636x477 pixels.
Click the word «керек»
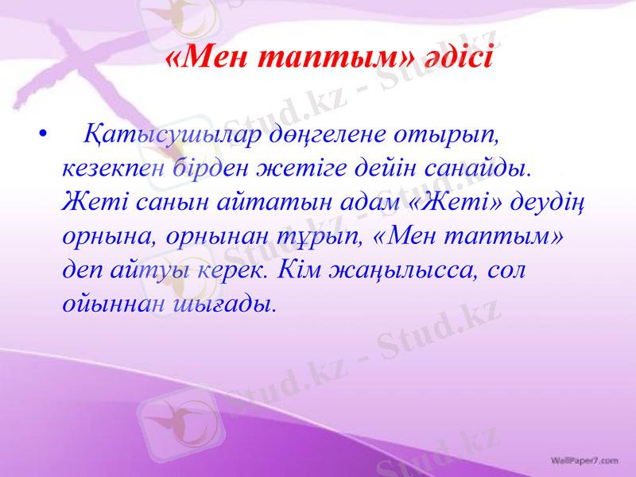pyautogui.click(x=236, y=270)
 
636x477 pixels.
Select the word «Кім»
pyautogui.click(x=306, y=270)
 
